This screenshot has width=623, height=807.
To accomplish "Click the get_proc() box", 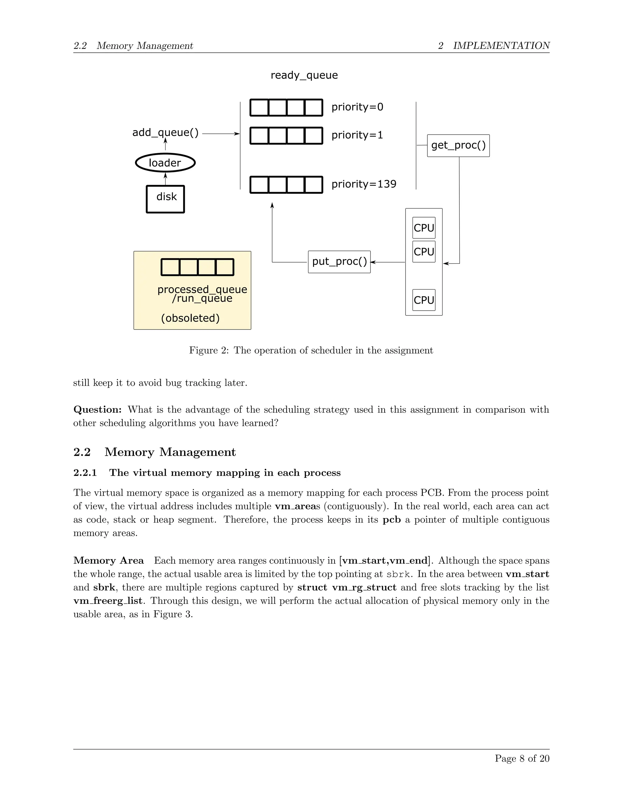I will coord(458,146).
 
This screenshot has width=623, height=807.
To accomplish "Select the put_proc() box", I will coord(339,262).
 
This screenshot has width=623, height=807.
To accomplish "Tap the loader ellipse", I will coord(165,163).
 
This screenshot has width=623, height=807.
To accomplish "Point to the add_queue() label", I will coord(165,132).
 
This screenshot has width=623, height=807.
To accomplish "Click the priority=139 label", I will coord(364,184).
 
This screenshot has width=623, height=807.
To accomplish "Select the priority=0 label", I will coord(357,107).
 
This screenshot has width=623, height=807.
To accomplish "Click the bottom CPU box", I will coord(424,300).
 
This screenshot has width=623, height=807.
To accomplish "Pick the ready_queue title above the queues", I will coord(304,75).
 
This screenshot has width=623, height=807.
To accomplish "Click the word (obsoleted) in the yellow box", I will coord(190,318).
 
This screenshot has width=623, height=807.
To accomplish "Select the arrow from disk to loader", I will coord(165,179).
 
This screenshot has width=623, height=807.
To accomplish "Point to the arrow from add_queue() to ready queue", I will coord(221,134).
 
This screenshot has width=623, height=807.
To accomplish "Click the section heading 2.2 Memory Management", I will coord(170,452).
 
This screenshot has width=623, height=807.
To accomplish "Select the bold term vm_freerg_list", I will coord(107,601).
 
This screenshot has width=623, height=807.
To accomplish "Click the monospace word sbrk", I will coord(398,574).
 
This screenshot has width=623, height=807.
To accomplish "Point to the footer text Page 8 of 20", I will coord(522,759).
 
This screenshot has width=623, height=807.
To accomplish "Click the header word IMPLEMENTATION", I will coord(501,46).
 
